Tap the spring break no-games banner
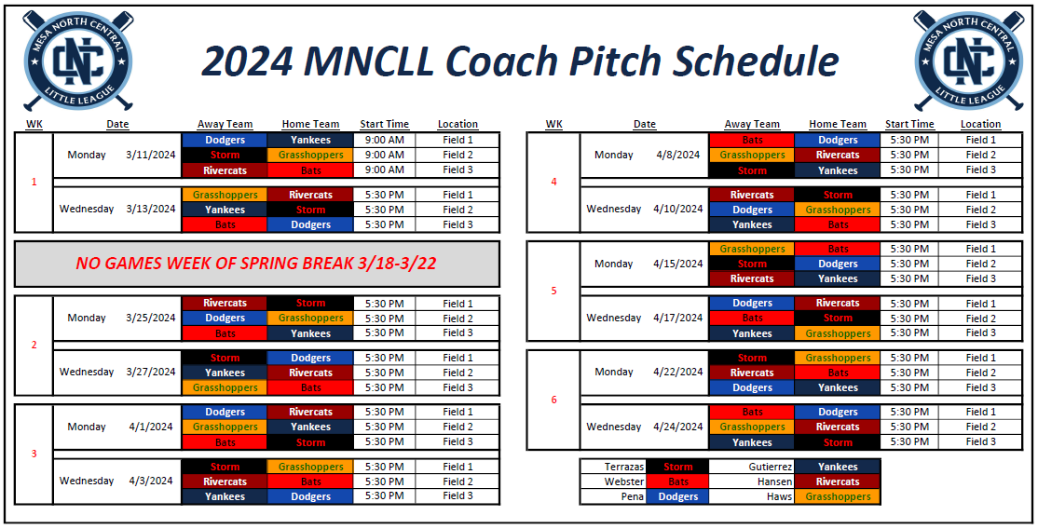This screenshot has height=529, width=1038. click(256, 264)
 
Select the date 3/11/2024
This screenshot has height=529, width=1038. click(150, 155)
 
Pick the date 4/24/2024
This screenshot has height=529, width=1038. click(677, 427)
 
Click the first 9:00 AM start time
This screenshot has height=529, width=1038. click(384, 140)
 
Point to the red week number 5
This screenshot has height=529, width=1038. click(553, 291)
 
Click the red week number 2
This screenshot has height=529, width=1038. click(34, 345)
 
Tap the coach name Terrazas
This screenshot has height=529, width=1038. click(624, 467)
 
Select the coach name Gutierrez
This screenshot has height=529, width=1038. click(771, 467)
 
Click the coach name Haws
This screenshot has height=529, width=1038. click(780, 496)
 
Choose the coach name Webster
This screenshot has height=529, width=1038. click(624, 482)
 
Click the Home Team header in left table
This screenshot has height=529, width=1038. click(310, 124)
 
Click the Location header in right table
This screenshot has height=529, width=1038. click(980, 124)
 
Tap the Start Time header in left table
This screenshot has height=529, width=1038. click(384, 124)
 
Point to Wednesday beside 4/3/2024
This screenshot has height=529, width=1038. click(87, 481)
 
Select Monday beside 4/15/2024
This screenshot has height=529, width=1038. click(613, 264)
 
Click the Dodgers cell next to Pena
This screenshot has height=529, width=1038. click(677, 496)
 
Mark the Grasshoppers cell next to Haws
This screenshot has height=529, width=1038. click(837, 496)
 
